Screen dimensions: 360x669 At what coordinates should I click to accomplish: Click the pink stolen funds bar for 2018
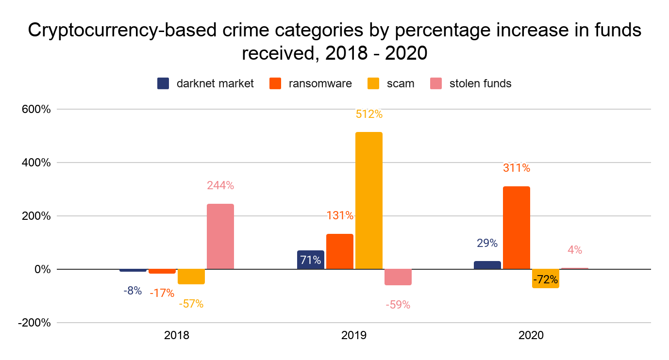220,236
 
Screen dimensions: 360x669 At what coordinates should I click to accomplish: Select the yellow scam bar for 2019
369,200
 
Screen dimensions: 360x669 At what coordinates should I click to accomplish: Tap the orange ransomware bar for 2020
517,228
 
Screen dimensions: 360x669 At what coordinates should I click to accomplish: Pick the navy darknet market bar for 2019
311,260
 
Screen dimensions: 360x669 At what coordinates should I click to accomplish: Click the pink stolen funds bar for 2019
398,277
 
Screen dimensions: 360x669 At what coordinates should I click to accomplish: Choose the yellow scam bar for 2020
546,278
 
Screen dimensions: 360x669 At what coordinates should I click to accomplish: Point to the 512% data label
369,115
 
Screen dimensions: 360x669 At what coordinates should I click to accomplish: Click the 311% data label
517,168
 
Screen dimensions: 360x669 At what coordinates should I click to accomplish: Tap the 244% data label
220,185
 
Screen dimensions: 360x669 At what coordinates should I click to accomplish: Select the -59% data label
398,305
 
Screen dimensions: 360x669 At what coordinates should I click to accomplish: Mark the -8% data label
132,291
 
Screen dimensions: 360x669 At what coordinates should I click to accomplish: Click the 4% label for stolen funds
575,250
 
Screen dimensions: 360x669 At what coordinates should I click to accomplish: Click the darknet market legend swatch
163,83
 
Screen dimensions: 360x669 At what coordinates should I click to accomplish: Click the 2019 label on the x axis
354,335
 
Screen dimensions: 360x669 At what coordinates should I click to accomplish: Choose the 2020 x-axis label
531,335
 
